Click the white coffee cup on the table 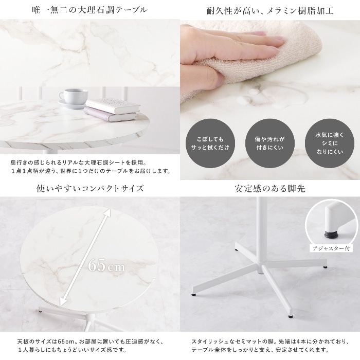coord(73,97)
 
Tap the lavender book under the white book coord(110,115)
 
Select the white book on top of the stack coord(113,105)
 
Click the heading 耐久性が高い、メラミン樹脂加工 coord(270,11)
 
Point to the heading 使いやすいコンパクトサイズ coord(90,189)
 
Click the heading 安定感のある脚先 coord(270,189)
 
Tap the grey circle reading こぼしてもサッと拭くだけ coord(210,143)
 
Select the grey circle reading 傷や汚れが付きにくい coord(270,143)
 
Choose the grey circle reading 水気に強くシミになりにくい coord(330,143)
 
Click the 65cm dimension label coord(106,266)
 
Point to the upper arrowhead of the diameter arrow coord(108,212)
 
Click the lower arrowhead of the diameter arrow coord(62,302)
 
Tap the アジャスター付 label coord(331,248)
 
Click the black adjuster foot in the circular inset coord(330,235)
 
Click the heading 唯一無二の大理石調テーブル coord(89,10)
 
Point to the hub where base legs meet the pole coord(262,266)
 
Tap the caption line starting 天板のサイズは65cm coord(90,341)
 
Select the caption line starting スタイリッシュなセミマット coord(270,341)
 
